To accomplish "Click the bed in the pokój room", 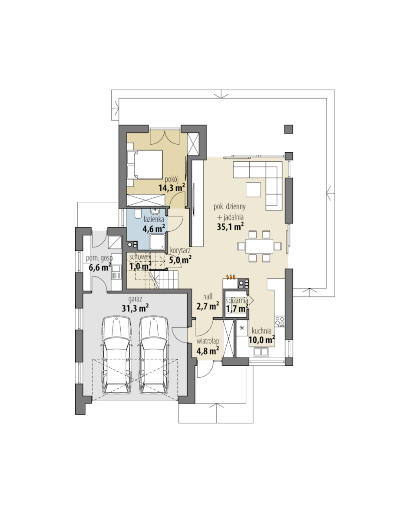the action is pos(145,165).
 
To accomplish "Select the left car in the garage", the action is pos(116,355).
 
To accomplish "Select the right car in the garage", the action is pos(154,355).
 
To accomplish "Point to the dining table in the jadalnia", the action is pos(260,246).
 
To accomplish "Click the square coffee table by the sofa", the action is pos(253,190).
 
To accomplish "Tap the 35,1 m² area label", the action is pos(230,227).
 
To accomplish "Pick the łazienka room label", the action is pos(153,219).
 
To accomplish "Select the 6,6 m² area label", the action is pos(100,267).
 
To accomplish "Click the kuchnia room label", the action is pos(261,330).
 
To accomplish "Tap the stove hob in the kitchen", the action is pos(280,321).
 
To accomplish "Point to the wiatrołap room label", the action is pos(208,341).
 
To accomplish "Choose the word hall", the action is pos(208,296).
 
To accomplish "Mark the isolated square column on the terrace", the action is pos(288,129).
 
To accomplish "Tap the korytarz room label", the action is pos(180,250).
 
